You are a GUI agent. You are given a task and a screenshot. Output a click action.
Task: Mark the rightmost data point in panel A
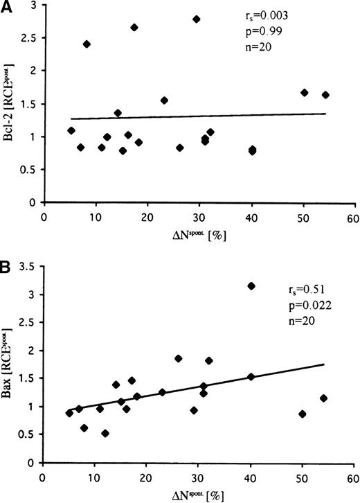coord(325,95)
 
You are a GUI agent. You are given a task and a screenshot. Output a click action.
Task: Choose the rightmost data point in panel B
coord(323,398)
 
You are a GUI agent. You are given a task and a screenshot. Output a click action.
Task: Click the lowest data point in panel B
coord(105,434)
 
